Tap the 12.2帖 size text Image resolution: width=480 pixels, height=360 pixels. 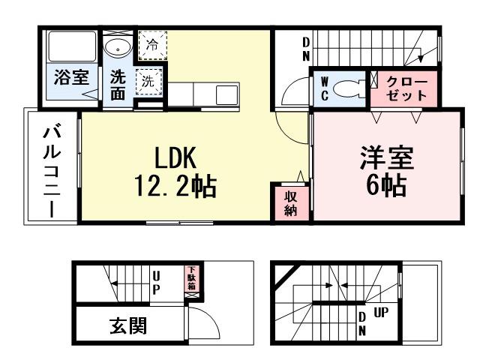[176, 186]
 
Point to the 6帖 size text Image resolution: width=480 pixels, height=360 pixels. [386, 184]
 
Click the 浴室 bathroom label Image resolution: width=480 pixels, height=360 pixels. [71, 78]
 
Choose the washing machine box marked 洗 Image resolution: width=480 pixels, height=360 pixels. [148, 82]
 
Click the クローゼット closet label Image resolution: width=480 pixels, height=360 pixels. [406, 89]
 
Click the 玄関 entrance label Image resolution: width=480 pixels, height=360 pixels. [128, 325]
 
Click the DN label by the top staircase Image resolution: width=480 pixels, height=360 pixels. [306, 49]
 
